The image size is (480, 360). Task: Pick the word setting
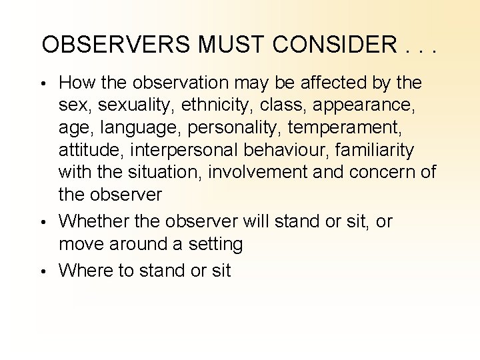coord(215,244)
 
